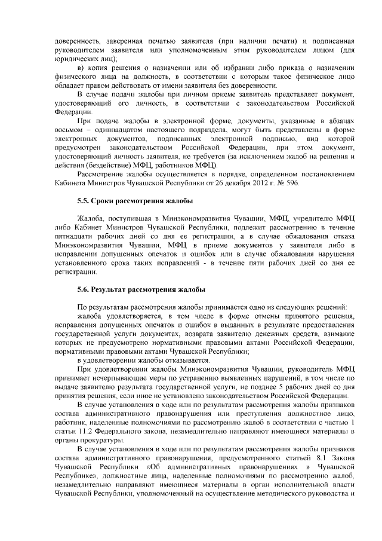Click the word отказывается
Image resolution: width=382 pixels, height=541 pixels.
[184, 360]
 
